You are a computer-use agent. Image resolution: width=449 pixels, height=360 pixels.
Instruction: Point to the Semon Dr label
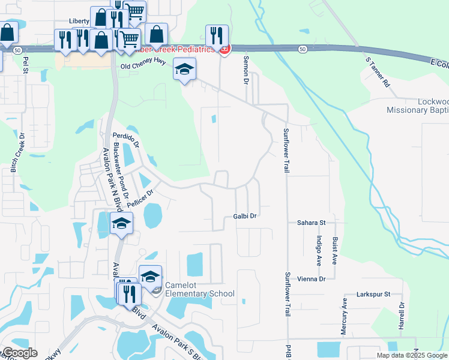pyautogui.click(x=246, y=70)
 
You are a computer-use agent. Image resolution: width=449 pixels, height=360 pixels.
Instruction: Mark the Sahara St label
pyautogui.click(x=311, y=223)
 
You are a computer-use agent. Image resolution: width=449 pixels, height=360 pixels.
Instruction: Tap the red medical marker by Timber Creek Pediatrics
pyautogui.click(x=224, y=49)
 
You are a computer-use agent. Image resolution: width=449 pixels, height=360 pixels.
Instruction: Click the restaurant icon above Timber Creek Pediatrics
pyautogui.click(x=216, y=35)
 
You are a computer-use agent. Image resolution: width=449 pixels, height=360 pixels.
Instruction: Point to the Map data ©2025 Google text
pyautogui.click(x=411, y=355)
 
